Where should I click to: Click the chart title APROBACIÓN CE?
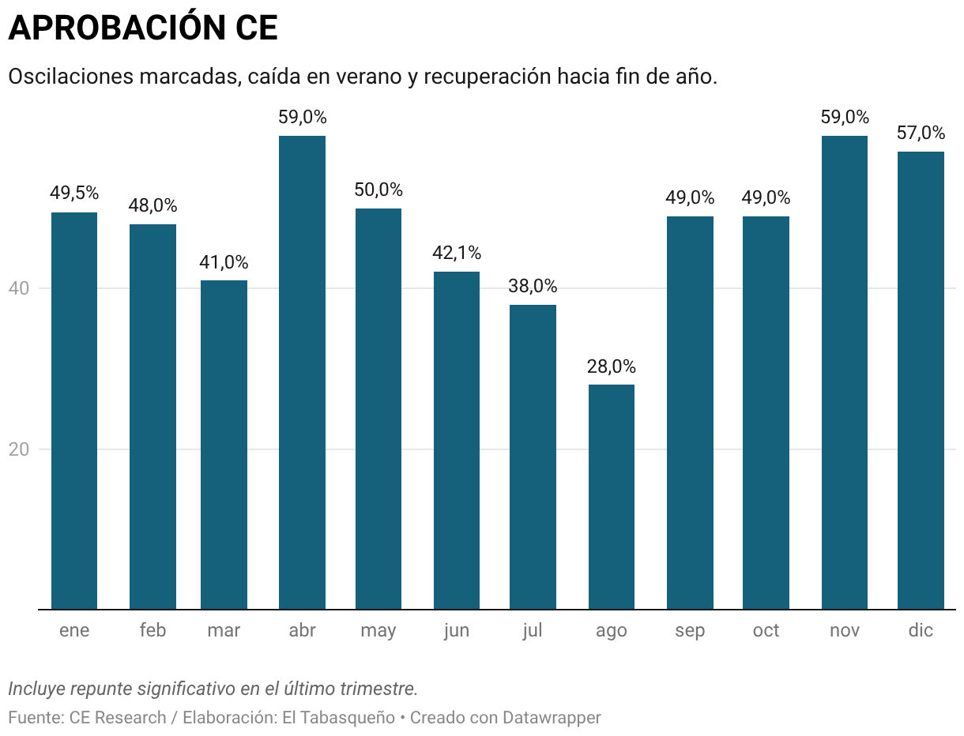coord(143,28)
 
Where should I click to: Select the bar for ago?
coord(611,497)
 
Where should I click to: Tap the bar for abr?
coord(302,372)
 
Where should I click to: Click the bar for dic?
coord(921,380)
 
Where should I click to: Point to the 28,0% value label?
coord(611,366)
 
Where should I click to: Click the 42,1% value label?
coord(457,253)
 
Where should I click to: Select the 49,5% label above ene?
coord(74,193)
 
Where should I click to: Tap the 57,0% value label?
coord(921,133)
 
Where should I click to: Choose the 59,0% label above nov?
coord(845,117)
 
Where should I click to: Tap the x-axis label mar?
coord(224,630)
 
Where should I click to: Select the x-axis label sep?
coord(690,630)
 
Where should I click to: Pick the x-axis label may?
coord(378,630)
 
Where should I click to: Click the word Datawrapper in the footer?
coord(552,718)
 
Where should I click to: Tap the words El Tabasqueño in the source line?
coord(345,718)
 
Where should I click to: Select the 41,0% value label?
coord(224,262)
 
